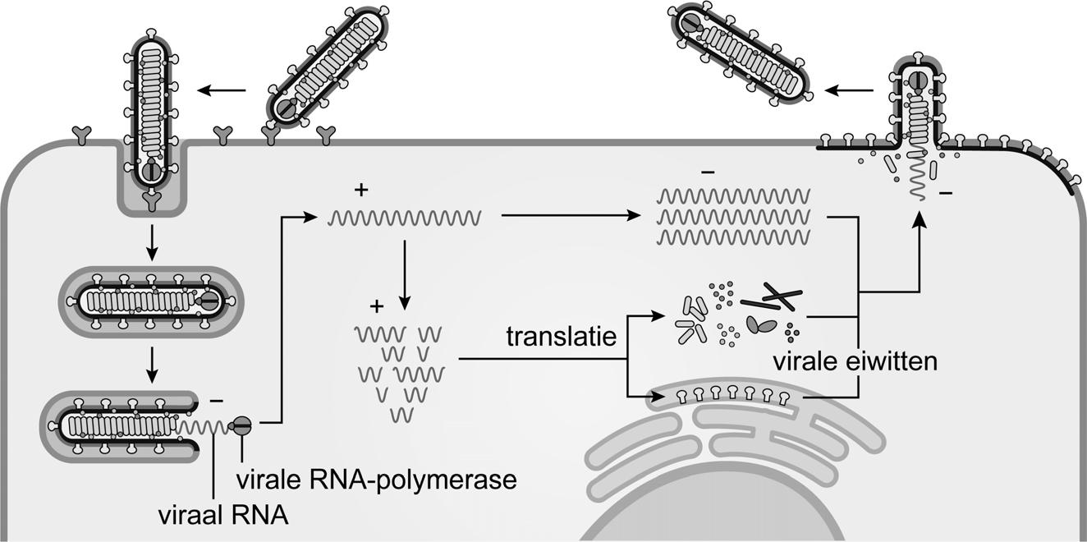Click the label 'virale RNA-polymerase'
[376, 479]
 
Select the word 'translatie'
[561, 337]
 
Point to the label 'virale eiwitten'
[854, 361]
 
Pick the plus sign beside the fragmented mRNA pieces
[377, 307]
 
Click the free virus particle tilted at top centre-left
[327, 72]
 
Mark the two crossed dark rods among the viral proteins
[772, 297]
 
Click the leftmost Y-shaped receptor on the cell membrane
[81, 135]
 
